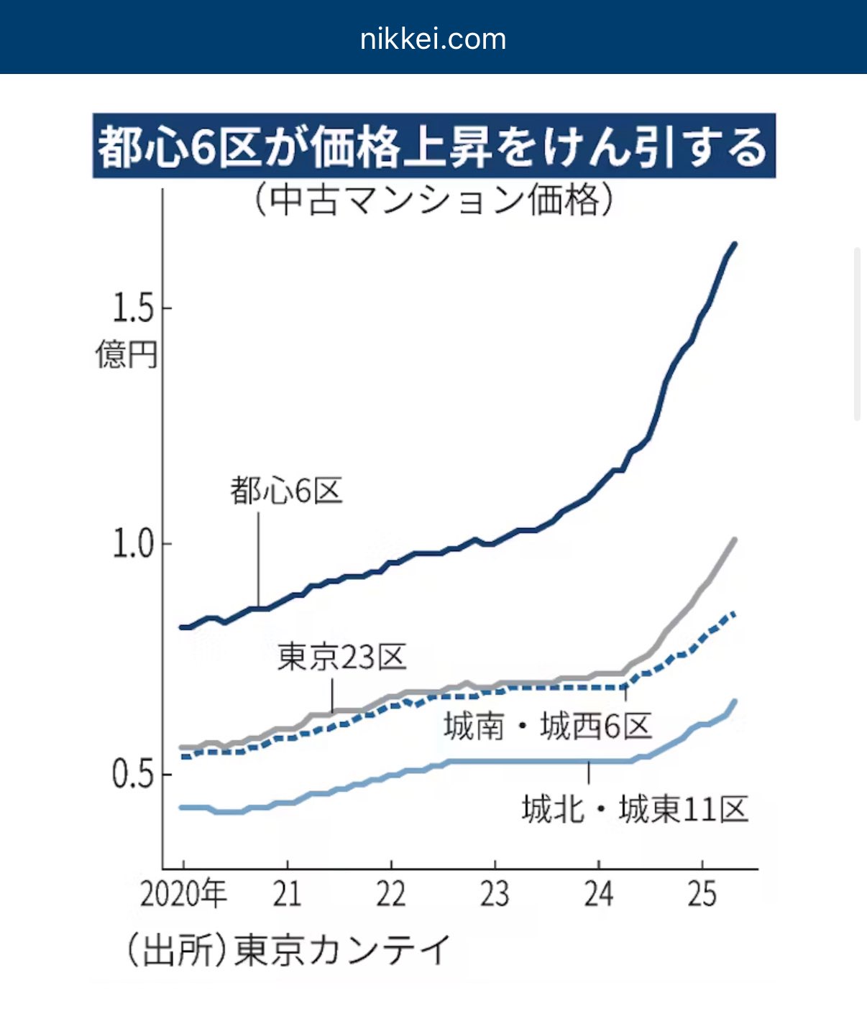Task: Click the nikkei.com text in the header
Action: click(433, 39)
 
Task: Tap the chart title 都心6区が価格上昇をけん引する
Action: click(433, 147)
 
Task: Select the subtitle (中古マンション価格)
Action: click(434, 200)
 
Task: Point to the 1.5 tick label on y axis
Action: click(133, 308)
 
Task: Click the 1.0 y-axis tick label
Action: click(133, 544)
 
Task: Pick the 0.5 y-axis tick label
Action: click(133, 774)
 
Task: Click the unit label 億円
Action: click(126, 354)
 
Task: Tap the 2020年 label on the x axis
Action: click(183, 895)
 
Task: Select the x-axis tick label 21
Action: click(287, 895)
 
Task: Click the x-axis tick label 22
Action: click(391, 895)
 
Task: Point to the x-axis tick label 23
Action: click(495, 895)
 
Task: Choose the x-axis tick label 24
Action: click(599, 895)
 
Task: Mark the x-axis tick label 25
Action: click(702, 895)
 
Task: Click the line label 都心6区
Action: click(286, 491)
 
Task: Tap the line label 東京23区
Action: click(341, 657)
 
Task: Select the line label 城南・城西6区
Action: click(548, 726)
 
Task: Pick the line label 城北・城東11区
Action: click(635, 810)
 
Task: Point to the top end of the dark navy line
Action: click(734, 245)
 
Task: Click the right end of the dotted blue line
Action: click(733, 613)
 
